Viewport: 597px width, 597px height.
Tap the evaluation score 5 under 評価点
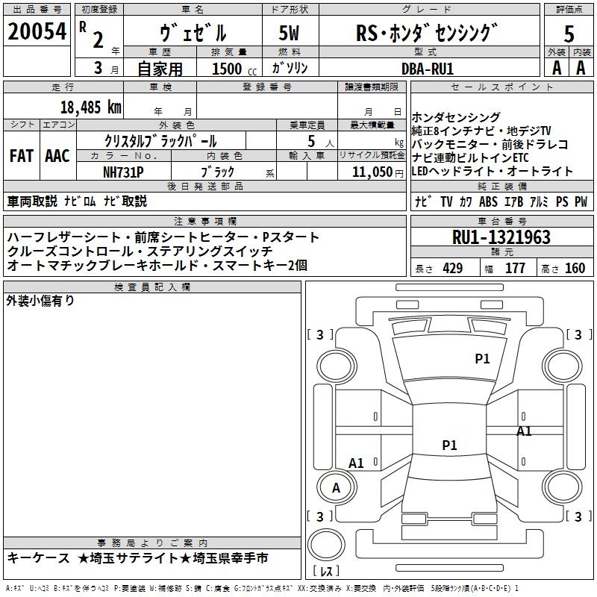569,34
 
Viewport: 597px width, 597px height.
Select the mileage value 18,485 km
90,107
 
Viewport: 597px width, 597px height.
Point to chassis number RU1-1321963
501,237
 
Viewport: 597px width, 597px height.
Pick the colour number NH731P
124,171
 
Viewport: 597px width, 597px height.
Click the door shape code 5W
291,33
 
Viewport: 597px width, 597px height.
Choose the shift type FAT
21,155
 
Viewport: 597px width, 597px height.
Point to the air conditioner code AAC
57,155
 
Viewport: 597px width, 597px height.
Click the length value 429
452,269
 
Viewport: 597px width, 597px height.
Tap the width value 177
515,269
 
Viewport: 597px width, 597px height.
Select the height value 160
575,269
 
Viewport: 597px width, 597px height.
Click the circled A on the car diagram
336,488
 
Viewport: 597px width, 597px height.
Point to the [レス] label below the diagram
325,572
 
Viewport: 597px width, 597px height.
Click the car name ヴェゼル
193,34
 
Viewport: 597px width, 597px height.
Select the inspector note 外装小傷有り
40,301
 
